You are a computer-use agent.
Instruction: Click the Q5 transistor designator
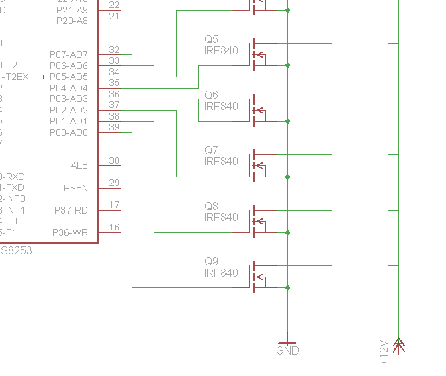coord(211,40)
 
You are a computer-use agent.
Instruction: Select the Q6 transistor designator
coord(211,95)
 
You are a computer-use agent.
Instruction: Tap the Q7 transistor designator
coord(211,150)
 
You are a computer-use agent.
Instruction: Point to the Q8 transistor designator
coord(211,206)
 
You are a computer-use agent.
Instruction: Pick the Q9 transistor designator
coord(211,262)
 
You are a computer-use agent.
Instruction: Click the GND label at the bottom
coord(287,350)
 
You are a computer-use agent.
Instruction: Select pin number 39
coord(114,128)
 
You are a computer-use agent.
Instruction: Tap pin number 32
coord(114,50)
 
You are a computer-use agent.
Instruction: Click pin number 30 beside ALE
coord(114,160)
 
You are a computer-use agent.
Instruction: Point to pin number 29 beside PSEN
coord(114,183)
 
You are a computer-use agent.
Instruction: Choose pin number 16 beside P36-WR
coord(114,228)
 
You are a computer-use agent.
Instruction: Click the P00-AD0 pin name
coord(69,132)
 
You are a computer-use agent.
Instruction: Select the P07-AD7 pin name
coord(69,54)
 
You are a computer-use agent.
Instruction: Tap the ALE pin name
coord(79,165)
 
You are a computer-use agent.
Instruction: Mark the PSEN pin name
coord(75,188)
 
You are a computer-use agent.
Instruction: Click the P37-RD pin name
coord(71,210)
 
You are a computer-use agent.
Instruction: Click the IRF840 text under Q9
coord(221,273)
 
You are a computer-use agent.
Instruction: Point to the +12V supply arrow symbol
coord(399,346)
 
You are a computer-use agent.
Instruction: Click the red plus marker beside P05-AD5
coord(44,77)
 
